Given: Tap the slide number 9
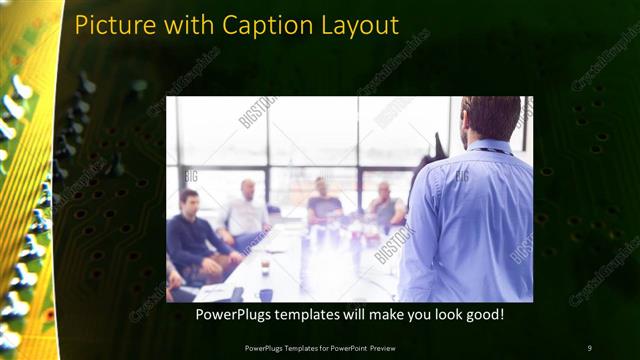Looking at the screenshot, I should (589, 348).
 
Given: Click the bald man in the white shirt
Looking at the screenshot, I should (246, 212).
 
